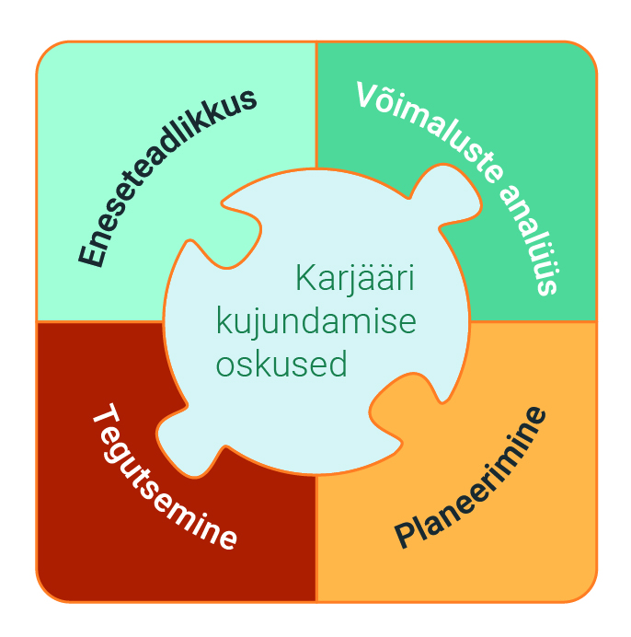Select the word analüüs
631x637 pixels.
[x=529, y=239]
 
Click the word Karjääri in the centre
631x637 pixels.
[x=354, y=278]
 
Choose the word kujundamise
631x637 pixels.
[x=315, y=322]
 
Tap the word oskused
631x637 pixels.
[x=281, y=364]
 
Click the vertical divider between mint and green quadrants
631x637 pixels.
[x=315, y=105]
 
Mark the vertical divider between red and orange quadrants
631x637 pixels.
[x=315, y=538]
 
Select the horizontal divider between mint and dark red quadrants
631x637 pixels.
[x=100, y=322]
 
